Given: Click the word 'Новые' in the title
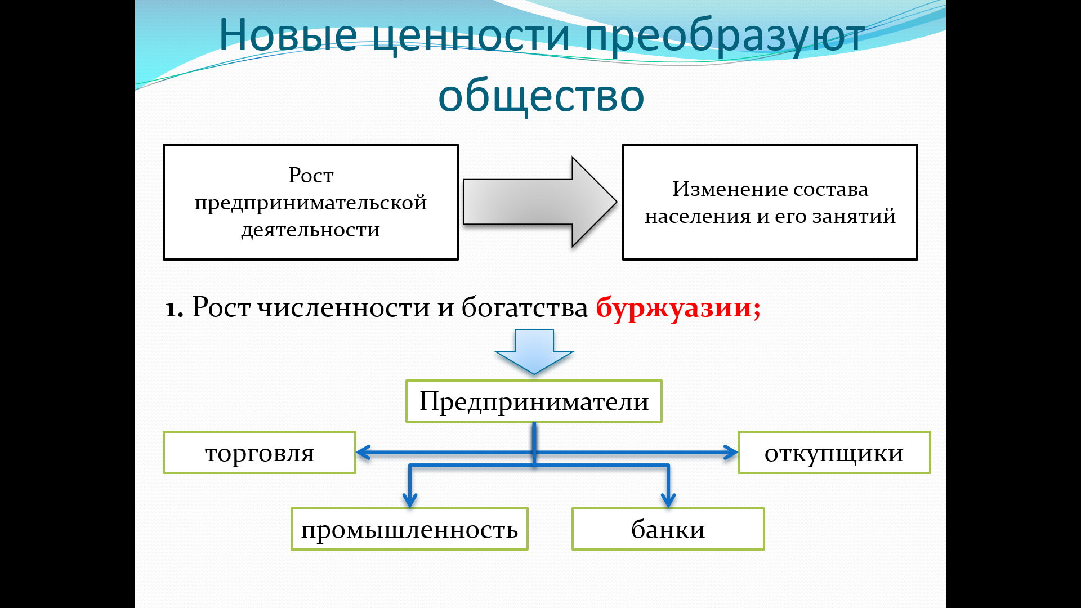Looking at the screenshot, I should point(288,35).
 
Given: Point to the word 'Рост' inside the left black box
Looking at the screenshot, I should point(311,175).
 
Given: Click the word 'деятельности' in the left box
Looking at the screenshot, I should point(311,230).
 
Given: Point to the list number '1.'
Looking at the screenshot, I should point(174,309).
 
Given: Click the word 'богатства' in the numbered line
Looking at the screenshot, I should point(524,307).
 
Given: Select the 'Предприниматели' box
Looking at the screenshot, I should point(534,401).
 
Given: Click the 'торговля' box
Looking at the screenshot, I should point(260,453).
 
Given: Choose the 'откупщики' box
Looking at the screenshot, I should point(834,453).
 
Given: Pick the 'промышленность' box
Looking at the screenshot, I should point(409,529).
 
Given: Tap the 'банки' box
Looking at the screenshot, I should point(668,529).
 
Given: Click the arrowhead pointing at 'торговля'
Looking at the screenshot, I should point(363,452).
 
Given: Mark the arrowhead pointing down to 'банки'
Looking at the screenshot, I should point(668,499).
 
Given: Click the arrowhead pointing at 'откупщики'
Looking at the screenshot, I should point(731,452).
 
